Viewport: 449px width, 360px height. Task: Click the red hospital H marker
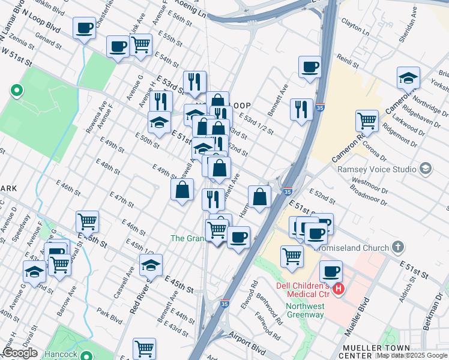(x=339, y=289)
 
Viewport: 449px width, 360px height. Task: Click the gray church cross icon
(x=397, y=247)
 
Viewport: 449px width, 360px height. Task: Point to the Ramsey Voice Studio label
(x=376, y=169)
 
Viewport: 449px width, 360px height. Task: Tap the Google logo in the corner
(x=20, y=353)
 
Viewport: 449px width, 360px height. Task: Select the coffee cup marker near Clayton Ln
(x=310, y=67)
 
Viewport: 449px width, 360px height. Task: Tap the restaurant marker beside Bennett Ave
(x=301, y=109)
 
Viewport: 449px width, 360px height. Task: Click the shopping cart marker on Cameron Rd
(x=366, y=120)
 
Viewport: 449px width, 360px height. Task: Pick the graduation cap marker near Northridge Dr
(x=408, y=77)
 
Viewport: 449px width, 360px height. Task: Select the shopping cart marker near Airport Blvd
(x=144, y=347)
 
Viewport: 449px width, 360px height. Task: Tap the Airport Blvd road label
(x=249, y=347)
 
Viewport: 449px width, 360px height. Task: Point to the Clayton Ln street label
(x=355, y=27)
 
